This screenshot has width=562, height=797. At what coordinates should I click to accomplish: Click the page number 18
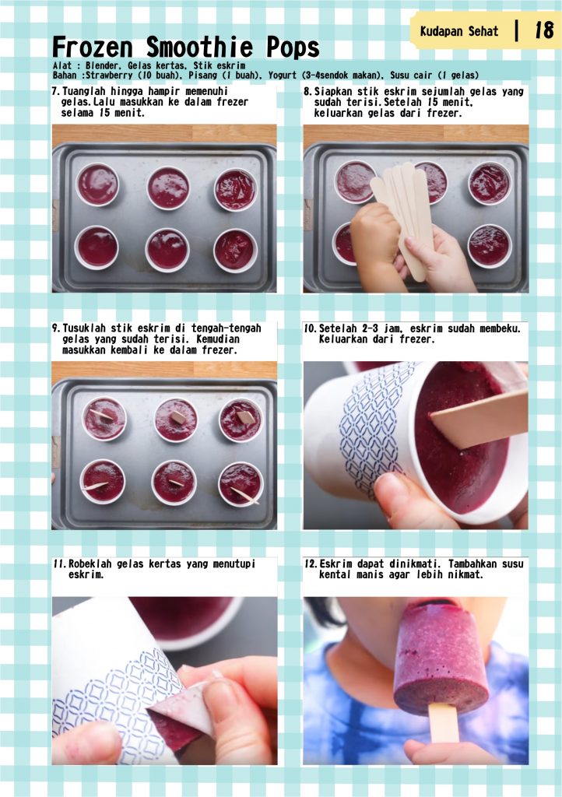(543, 30)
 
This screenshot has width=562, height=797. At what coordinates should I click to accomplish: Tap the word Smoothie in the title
(199, 47)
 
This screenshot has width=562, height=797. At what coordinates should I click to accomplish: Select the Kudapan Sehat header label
(458, 31)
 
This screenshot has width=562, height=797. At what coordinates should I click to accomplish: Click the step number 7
(56, 92)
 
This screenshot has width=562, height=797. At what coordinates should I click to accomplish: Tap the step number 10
(310, 328)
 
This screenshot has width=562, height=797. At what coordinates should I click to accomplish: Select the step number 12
(310, 564)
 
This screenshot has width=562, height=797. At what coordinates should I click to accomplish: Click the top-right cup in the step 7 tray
(235, 190)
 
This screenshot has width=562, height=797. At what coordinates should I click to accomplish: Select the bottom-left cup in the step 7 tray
(97, 248)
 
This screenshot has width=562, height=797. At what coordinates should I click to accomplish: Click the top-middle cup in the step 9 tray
(176, 420)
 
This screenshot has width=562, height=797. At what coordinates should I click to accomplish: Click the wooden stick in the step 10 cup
(479, 418)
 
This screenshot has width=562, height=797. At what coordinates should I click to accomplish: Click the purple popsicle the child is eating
(440, 658)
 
